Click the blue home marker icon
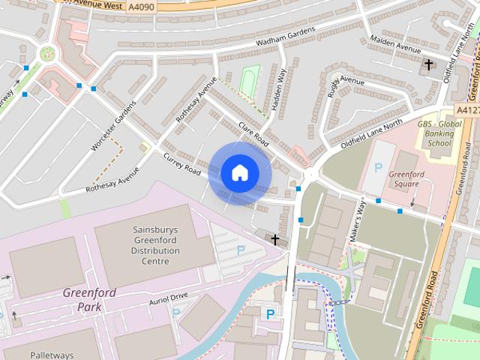(x=239, y=172)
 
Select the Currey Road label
(x=182, y=164)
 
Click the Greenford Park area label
(x=89, y=299)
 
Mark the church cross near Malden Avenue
(x=429, y=65)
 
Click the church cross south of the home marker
(x=275, y=240)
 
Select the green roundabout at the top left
(x=48, y=53)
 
